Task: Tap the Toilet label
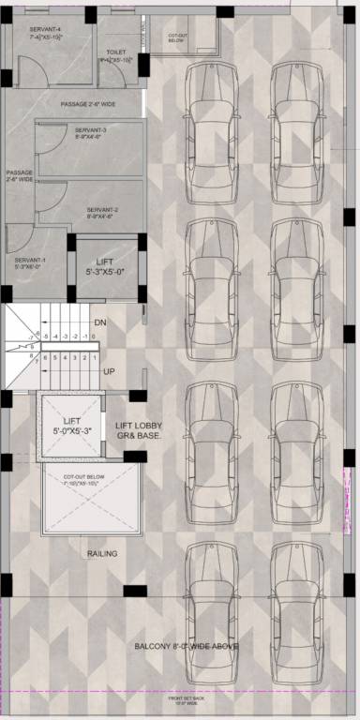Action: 116,56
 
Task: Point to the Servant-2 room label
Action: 100,213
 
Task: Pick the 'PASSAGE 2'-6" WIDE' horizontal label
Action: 87,104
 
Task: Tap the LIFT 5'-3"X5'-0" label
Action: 106,265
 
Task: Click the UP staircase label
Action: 110,371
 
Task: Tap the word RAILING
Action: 102,554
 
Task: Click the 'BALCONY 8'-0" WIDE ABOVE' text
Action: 187,647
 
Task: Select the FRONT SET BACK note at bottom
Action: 187,699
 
